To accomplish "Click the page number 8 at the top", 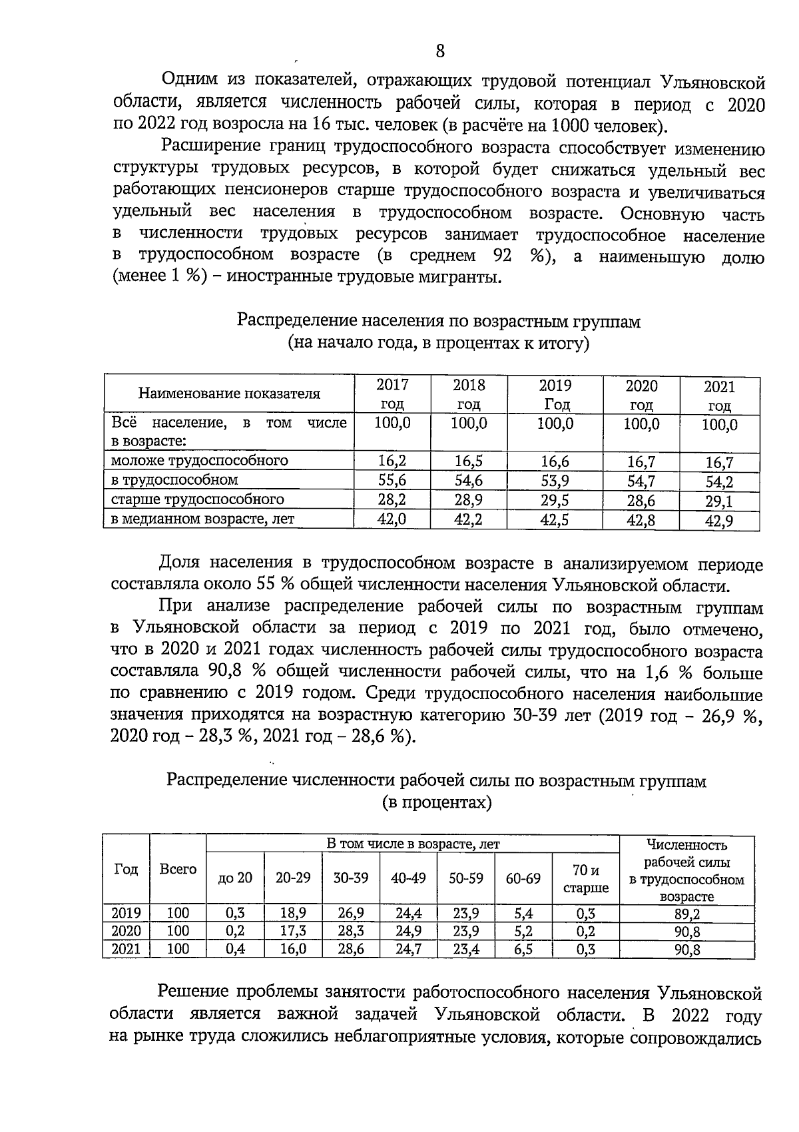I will pyautogui.click(x=439, y=51).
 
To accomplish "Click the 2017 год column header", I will pyautogui.click(x=392, y=394).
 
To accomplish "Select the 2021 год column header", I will pyautogui.click(x=719, y=396).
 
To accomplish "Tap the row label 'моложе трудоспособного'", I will pyautogui.click(x=200, y=460).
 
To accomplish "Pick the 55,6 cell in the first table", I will pyautogui.click(x=392, y=480).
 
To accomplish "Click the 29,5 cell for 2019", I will pyautogui.click(x=555, y=499).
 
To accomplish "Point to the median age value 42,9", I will pyautogui.click(x=719, y=521).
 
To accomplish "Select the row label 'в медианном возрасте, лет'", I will pyautogui.click(x=203, y=519).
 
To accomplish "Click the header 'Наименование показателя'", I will pyautogui.click(x=229, y=394).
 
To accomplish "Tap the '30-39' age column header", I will pyautogui.click(x=350, y=878).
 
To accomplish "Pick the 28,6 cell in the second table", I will pyautogui.click(x=350, y=949).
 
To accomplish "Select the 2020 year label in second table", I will pyautogui.click(x=126, y=931).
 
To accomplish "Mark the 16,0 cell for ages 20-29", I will pyautogui.click(x=293, y=949).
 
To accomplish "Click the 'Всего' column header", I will pyautogui.click(x=178, y=869).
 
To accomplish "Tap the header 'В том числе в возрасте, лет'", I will pyautogui.click(x=413, y=844).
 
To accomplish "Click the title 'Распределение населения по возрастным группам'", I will pyautogui.click(x=439, y=322).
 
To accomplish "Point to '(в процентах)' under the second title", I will pyautogui.click(x=437, y=802).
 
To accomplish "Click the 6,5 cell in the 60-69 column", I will pyautogui.click(x=523, y=949).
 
